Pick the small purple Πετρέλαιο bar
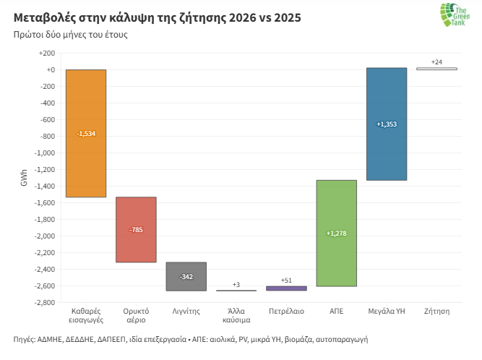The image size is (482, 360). point(286,288)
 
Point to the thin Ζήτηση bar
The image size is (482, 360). point(436,69)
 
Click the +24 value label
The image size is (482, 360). point(436,61)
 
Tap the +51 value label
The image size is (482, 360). point(286,280)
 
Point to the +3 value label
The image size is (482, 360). point(236,284)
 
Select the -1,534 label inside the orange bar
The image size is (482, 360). point(85,134)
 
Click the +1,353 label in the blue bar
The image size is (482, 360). point(387,124)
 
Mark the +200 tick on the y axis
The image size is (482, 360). point(46,53)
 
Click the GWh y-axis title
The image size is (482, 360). point(24,178)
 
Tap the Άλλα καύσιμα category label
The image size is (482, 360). point(236,314)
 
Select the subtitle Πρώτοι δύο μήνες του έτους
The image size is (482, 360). point(70,35)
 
